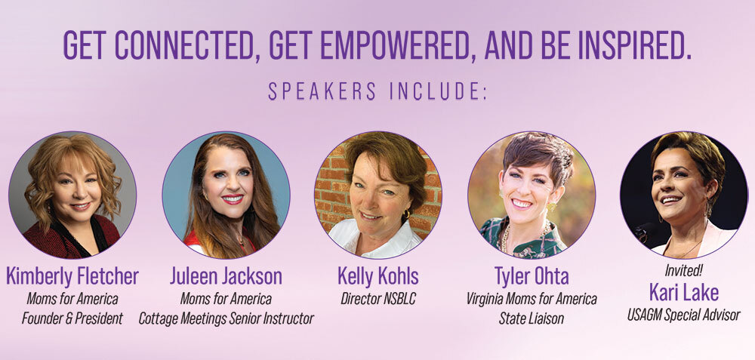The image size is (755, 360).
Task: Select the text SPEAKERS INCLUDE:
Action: (x=377, y=91)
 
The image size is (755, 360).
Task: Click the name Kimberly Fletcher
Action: (x=72, y=276)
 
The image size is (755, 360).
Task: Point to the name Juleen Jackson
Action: (x=226, y=276)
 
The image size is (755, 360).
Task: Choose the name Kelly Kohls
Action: (x=378, y=276)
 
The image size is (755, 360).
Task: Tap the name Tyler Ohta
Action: (x=532, y=276)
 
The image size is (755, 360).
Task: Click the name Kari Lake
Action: (x=684, y=293)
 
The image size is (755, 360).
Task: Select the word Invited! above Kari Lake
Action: (x=684, y=271)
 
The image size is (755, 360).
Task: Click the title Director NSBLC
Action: (x=378, y=299)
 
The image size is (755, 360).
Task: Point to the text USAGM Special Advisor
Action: (x=684, y=315)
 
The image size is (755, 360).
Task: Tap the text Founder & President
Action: (x=72, y=318)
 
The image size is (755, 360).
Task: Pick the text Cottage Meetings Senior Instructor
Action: (x=226, y=318)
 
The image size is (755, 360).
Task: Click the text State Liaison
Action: (x=532, y=318)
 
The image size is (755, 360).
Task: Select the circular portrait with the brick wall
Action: (x=378, y=195)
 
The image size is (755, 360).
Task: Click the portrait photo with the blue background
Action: (x=226, y=195)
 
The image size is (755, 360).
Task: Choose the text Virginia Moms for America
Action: (x=532, y=299)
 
